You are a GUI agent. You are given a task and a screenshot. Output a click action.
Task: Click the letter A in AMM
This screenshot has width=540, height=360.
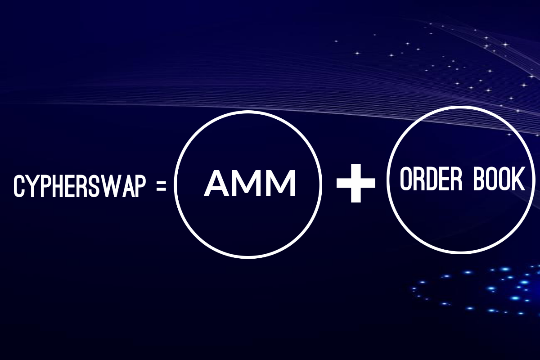(218, 184)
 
